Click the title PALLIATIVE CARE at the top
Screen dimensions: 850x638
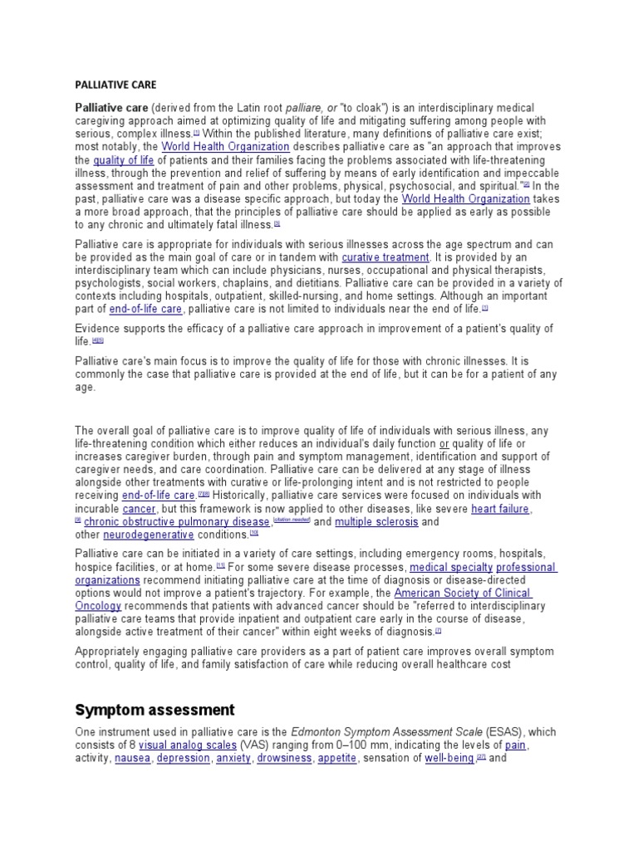point(115,85)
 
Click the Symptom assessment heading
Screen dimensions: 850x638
point(155,710)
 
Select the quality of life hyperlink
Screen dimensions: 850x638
point(124,160)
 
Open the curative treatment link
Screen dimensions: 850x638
point(385,258)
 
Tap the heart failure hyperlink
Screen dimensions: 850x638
point(501,508)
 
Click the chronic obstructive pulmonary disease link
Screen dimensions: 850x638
point(176,522)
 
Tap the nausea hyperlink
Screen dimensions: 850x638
point(133,759)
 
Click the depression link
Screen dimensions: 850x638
point(183,759)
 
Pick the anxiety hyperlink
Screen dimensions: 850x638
point(233,759)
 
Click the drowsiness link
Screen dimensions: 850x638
point(284,759)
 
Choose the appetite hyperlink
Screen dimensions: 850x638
point(336,759)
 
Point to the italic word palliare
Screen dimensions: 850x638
point(307,109)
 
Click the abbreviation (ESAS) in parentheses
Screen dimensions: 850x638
point(469,732)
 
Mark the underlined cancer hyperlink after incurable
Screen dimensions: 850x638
point(139,508)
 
